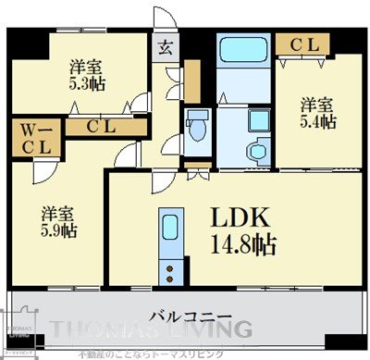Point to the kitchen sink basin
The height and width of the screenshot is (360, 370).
[x=169, y=228]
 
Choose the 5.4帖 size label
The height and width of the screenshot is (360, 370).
[x=316, y=122]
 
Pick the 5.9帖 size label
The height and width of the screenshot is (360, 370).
[x=58, y=230]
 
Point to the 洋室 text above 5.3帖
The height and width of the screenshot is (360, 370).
[x=87, y=67]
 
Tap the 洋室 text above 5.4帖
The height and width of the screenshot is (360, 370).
[x=316, y=105]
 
